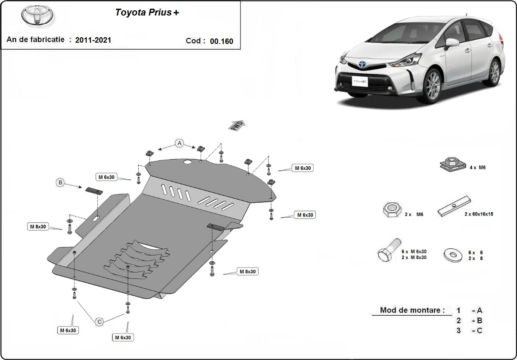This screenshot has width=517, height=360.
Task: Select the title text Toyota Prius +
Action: pyautogui.click(x=147, y=13)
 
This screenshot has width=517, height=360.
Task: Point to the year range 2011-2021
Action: pyautogui.click(x=93, y=40)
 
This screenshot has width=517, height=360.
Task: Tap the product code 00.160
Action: pyautogui.click(x=221, y=41)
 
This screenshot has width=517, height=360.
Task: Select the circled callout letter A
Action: pyautogui.click(x=179, y=143)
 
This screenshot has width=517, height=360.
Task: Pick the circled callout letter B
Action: pyautogui.click(x=60, y=183)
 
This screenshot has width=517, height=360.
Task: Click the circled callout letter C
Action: pyautogui.click(x=100, y=321)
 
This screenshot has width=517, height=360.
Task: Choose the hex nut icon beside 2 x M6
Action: pyautogui.click(x=391, y=210)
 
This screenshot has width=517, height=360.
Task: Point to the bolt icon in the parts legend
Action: pyautogui.click(x=389, y=250)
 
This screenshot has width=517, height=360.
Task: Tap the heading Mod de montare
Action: pyautogui.click(x=412, y=310)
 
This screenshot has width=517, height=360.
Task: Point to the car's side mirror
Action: pyautogui.click(x=452, y=43)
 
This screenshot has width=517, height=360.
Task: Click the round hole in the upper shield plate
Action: pyautogui.click(x=188, y=163)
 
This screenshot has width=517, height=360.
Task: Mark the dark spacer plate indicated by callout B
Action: pyautogui.click(x=94, y=191)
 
